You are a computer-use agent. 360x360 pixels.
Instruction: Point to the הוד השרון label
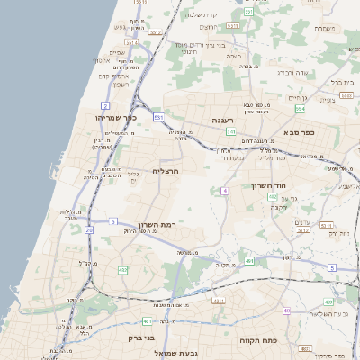267,184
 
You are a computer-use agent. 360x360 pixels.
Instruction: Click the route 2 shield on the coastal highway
105,105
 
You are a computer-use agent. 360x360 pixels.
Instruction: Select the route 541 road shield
231,131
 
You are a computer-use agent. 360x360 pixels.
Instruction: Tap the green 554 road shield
300,108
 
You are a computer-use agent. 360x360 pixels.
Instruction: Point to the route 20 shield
88,230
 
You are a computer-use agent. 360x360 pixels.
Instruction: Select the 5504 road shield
302,229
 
